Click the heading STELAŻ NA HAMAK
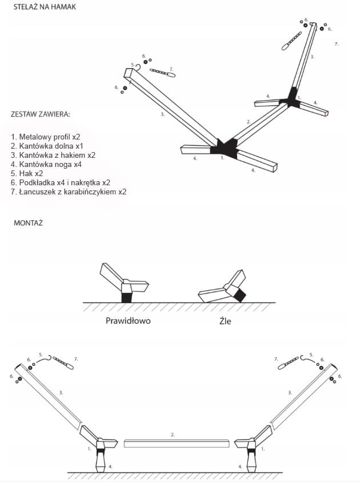pyautogui.click(x=45, y=7)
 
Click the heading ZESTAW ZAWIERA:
pyautogui.click(x=40, y=114)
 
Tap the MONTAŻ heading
pyautogui.click(x=28, y=223)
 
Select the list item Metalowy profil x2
pyautogui.click(x=46, y=137)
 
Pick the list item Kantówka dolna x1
pyautogui.click(x=47, y=146)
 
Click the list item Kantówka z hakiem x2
pyautogui.click(x=53, y=156)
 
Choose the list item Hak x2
pyautogui.click(x=27, y=174)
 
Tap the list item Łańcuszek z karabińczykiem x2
pyautogui.click(x=69, y=192)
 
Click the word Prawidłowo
pyautogui.click(x=128, y=321)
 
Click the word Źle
pyautogui.click(x=225, y=321)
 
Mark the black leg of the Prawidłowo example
pyautogui.click(x=127, y=297)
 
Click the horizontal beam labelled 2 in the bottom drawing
pyautogui.click(x=176, y=443)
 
